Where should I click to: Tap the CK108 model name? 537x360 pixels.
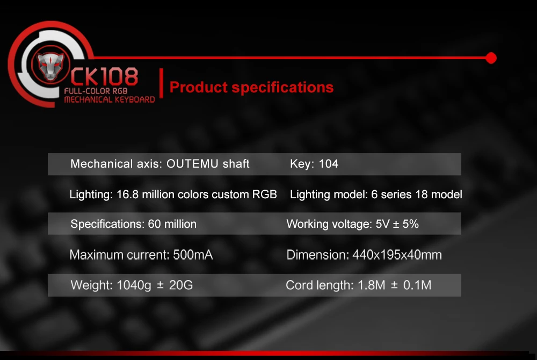coord(104,76)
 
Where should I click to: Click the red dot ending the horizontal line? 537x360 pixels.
coord(491,58)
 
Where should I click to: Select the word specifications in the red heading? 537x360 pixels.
coord(282,88)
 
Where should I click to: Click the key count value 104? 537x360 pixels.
coord(329,164)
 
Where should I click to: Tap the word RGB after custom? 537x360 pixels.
coord(264,195)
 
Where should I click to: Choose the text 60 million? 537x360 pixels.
coord(172,224)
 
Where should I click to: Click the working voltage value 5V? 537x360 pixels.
coord(382,224)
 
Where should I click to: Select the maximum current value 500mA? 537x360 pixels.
coord(193,255)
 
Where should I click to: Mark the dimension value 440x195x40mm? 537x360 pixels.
coord(397,255)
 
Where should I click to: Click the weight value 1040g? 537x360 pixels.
coord(134,285)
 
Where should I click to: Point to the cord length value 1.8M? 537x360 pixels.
coord(371,285)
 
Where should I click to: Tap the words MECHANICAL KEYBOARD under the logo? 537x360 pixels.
coord(110,100)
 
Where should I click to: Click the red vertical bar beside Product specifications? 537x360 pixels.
coord(161,83)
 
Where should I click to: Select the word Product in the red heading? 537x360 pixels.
coord(199,87)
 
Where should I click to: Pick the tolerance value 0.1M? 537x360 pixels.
coord(417,285)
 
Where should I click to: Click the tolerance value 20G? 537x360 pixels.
coord(181,285)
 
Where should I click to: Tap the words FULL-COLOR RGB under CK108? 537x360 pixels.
coord(96,91)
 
